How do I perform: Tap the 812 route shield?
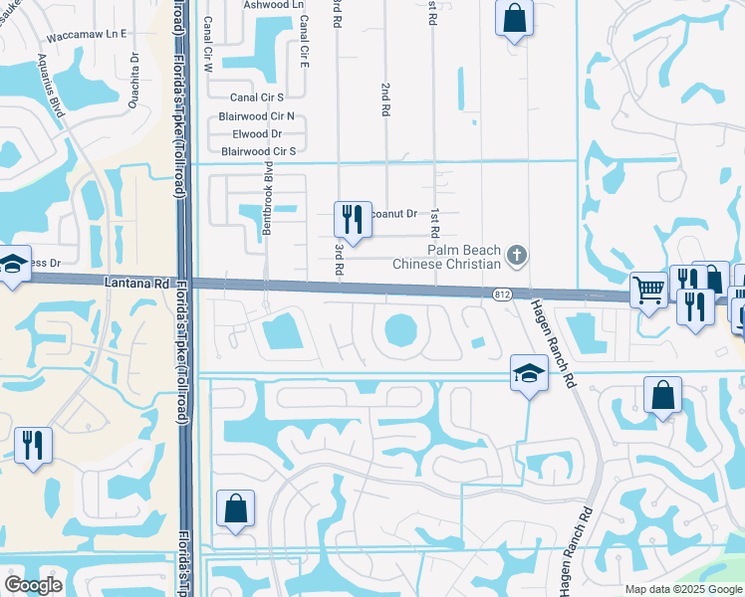point(502,294)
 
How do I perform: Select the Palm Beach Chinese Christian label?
point(446,257)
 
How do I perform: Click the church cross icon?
point(515,256)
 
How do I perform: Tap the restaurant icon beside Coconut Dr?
point(352,218)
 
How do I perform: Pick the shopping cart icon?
point(648,291)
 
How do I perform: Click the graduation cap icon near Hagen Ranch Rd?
point(529,374)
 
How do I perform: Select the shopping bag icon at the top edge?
point(514,17)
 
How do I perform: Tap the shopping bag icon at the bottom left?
point(236,509)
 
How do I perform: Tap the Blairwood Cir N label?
point(256,115)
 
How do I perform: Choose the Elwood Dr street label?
point(258,133)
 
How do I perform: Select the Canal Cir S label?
point(257,98)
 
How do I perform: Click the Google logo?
point(34,585)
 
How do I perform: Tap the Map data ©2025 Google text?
point(683,589)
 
